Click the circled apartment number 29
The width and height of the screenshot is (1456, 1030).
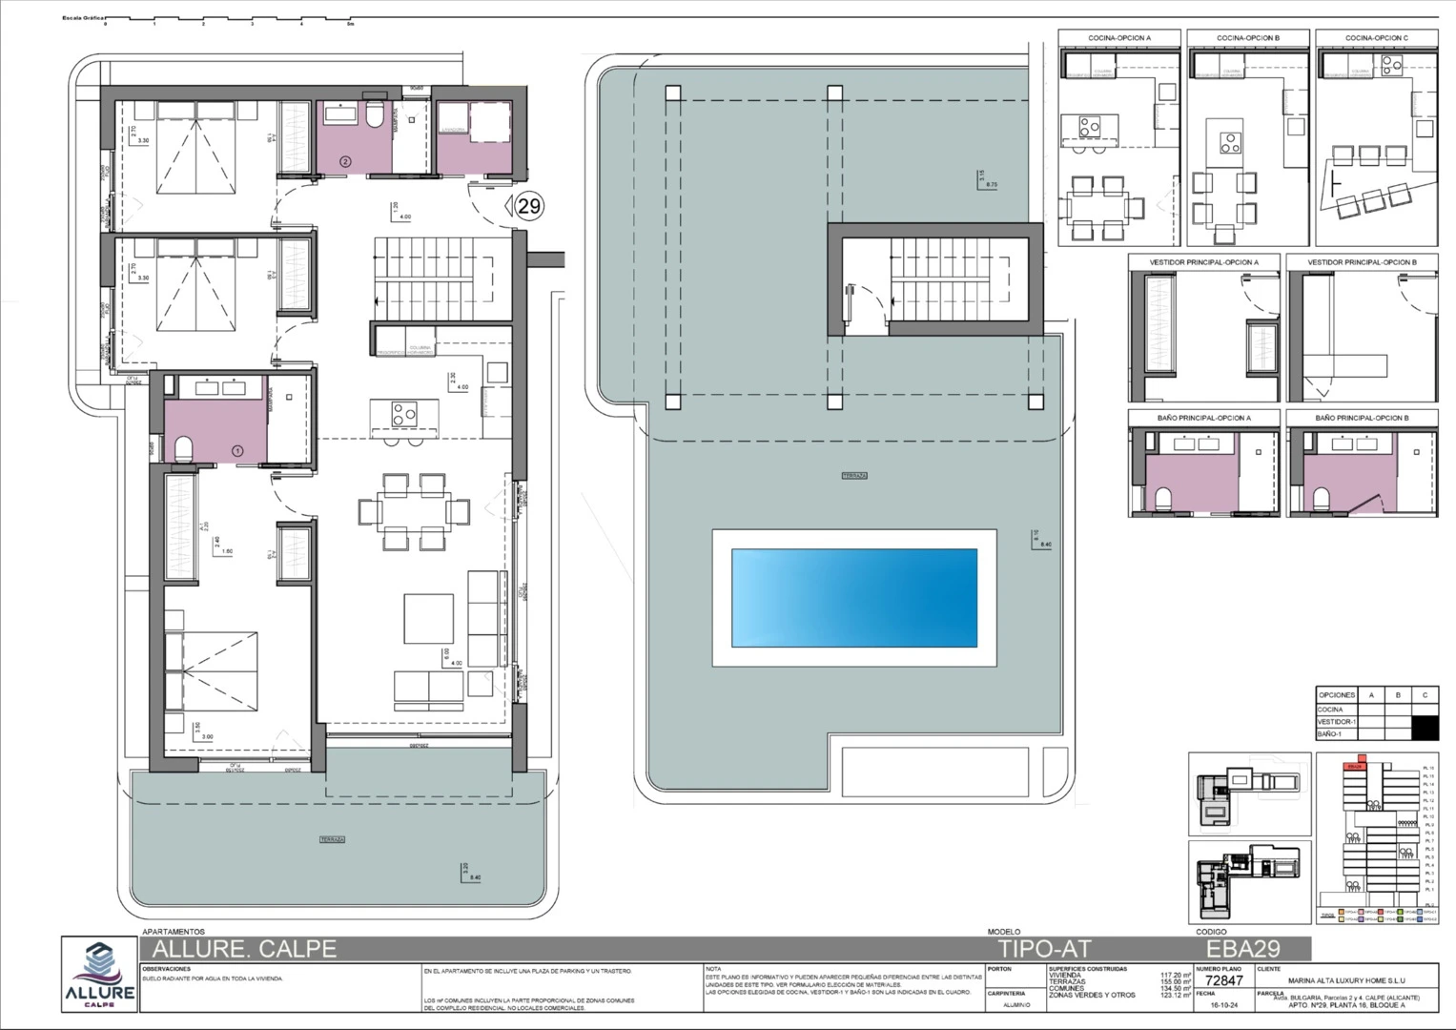[529, 205]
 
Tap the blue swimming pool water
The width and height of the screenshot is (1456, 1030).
[854, 598]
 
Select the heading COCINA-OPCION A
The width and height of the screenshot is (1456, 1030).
[1119, 38]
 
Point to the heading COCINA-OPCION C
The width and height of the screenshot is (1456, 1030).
[1376, 38]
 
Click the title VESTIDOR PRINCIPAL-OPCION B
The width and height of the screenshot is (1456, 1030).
[1362, 262]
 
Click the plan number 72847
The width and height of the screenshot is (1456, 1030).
[1223, 980]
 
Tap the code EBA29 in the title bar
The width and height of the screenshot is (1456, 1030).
[1242, 949]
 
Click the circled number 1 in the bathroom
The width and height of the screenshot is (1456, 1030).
[237, 450]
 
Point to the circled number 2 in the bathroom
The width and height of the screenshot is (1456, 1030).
[345, 162]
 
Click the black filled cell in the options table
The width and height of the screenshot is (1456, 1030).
[1425, 728]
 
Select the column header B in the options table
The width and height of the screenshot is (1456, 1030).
[1398, 695]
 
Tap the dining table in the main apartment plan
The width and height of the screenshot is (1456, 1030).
[414, 511]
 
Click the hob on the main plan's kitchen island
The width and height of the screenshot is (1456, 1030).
[403, 414]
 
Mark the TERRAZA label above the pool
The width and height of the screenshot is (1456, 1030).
[854, 475]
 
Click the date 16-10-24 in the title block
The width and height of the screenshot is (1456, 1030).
[1224, 1004]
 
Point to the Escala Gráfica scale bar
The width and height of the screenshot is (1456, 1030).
[229, 19]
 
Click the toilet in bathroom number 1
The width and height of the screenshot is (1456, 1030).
[183, 447]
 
